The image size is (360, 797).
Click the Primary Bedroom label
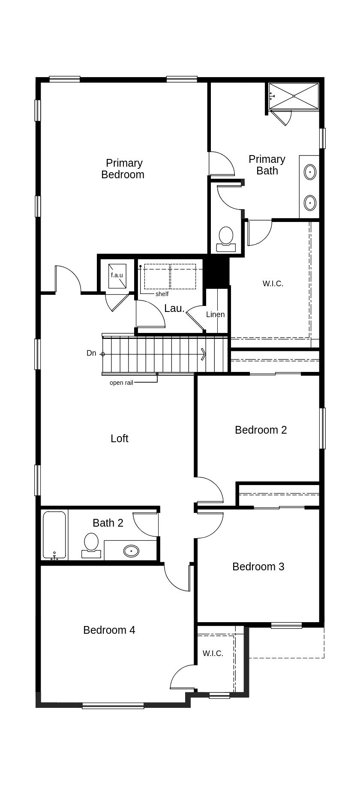123,169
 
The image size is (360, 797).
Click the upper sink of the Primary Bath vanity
310,172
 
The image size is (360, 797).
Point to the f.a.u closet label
117,275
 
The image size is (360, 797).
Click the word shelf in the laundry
162,294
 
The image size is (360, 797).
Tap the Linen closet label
215,315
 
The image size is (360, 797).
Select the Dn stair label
91,353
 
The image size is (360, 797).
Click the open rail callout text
121,383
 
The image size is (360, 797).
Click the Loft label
119,438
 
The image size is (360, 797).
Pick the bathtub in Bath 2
54,535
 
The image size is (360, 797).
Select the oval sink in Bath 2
131,551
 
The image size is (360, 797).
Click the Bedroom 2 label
261,430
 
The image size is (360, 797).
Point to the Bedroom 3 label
258,566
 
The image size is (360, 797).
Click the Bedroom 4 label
109,630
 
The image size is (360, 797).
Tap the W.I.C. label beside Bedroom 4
213,653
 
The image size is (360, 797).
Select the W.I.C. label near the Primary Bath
273,284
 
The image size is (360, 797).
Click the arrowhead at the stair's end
204,354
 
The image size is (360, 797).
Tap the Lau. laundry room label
174,309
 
